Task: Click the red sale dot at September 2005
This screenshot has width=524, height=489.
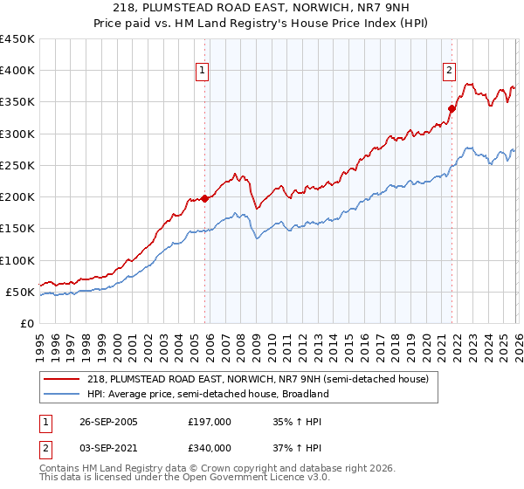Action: (x=205, y=198)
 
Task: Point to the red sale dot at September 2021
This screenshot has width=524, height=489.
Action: (x=452, y=109)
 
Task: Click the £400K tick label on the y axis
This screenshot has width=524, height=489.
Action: (x=17, y=71)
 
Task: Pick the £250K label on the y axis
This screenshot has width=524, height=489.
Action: (x=17, y=165)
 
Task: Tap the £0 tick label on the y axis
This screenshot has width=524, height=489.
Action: (x=26, y=323)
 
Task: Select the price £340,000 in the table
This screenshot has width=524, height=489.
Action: (x=210, y=447)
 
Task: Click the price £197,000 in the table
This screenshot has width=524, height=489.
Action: (x=210, y=422)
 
